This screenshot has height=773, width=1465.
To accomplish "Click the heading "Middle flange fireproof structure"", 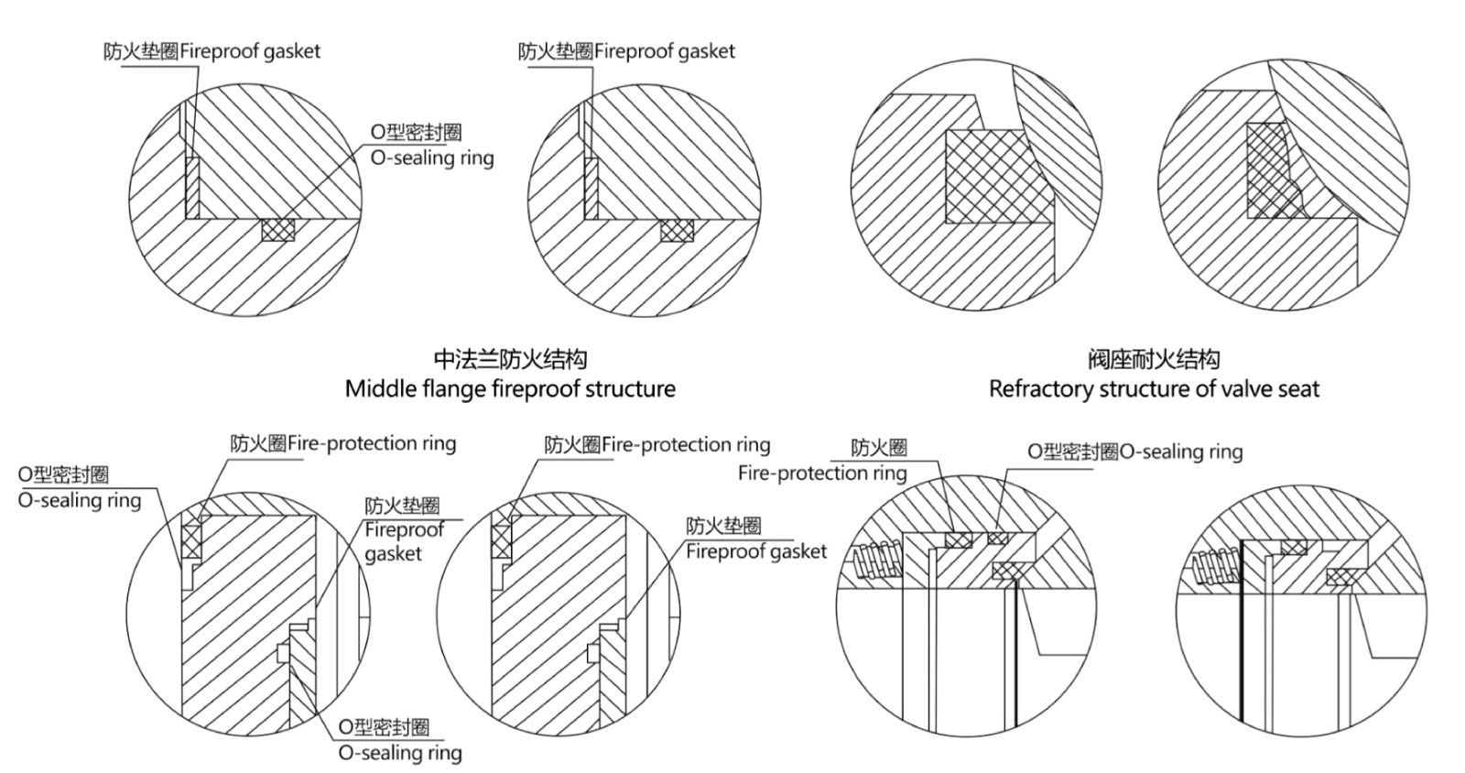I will tap(510, 389).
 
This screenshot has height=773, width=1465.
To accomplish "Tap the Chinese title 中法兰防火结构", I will tap(510, 359).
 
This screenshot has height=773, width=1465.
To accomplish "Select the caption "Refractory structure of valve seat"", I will tap(1154, 389).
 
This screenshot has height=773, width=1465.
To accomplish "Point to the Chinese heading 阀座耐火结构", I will tap(1154, 359).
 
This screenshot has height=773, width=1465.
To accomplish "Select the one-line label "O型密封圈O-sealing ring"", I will tap(1134, 452).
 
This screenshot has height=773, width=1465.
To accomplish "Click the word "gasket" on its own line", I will tap(393, 554).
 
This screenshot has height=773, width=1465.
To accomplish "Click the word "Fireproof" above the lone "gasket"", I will tap(404, 529).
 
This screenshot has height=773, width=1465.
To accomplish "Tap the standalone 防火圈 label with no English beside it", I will tap(879, 448).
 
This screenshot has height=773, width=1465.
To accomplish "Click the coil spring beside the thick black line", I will tap(1214, 566).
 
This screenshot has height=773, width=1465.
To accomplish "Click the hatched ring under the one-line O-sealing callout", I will tap(997, 538).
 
